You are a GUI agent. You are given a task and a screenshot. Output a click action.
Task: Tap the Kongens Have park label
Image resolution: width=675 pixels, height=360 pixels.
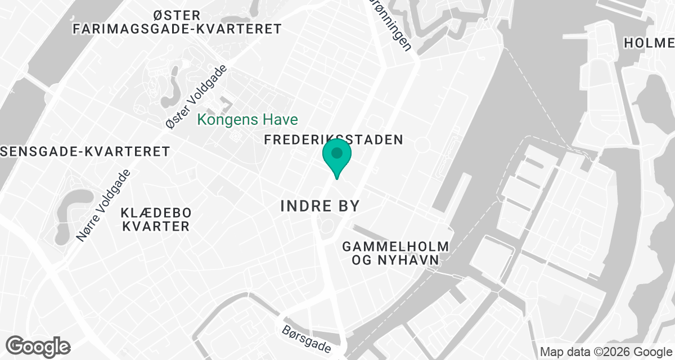(x=247, y=120)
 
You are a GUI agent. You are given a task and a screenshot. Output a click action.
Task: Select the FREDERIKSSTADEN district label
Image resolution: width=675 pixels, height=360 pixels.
(x=334, y=139)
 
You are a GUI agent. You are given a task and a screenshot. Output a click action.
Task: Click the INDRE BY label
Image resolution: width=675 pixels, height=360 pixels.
(x=319, y=206)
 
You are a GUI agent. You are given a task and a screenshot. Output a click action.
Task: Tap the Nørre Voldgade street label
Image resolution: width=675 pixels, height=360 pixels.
(x=104, y=206)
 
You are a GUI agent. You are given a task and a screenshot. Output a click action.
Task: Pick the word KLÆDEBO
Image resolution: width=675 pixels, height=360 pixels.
(x=156, y=213)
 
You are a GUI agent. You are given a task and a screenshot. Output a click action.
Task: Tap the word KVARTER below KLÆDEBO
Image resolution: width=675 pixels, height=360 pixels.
(x=156, y=227)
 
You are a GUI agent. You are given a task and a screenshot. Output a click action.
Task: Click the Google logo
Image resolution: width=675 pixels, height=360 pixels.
(x=38, y=345)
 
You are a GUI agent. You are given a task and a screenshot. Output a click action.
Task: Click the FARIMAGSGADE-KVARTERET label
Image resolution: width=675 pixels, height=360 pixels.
(x=177, y=29)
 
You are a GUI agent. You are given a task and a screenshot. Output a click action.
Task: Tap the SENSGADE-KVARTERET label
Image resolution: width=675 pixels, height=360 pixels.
(x=84, y=151)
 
